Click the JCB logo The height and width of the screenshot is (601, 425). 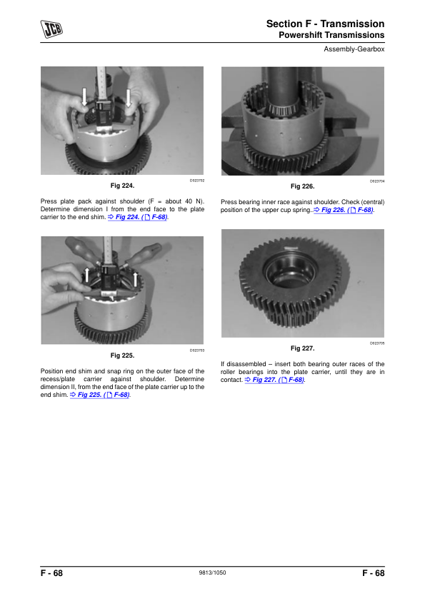coord(51,29)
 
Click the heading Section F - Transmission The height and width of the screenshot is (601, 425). coord(325,24)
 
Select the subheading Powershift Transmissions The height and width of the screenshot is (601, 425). coord(331,35)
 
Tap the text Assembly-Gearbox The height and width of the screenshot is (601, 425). coord(354,49)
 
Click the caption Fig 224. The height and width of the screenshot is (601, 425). coord(122,186)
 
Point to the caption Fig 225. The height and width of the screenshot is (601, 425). coord(122,355)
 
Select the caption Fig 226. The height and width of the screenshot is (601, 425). coord(303,186)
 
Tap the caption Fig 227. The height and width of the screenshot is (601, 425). coord(303,348)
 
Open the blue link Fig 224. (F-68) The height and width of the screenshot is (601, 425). coord(137,217)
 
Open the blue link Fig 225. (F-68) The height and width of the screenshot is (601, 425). coord(100,395)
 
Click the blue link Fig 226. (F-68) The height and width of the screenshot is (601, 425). coord(344,210)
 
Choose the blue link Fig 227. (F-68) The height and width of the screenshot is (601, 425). coord(274,380)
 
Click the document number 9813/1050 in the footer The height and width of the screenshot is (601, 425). coord(213,572)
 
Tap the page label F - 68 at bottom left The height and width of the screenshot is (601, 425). coord(51,573)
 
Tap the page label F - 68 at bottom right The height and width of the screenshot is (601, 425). coord(374,573)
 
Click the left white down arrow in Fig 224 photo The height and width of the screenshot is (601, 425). coord(84,96)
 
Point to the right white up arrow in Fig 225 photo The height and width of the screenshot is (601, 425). coord(135,278)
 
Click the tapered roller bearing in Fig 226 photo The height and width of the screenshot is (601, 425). coord(283,106)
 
